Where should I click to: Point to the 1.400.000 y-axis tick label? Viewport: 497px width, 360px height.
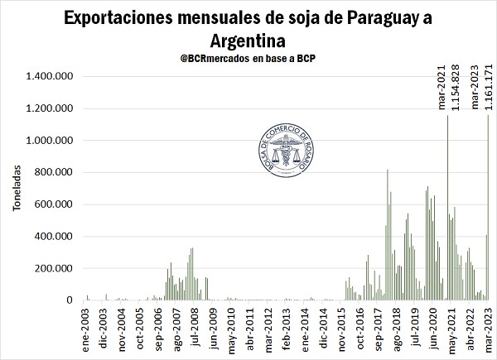coord(52,77)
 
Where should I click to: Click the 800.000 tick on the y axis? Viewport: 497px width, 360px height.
coord(58,173)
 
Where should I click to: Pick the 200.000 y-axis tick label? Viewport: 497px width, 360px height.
coord(58,269)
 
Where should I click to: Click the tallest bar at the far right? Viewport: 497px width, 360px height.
coord(489,207)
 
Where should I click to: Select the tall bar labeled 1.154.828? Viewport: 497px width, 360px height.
coord(448,207)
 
